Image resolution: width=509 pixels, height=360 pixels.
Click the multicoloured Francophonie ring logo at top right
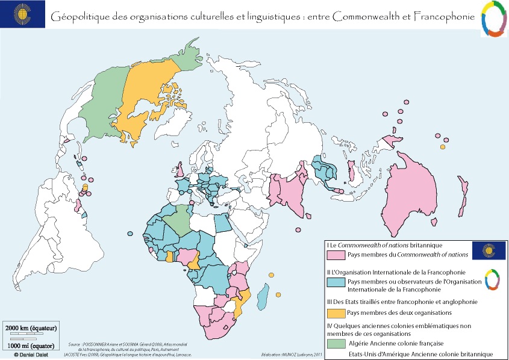pyautogui.click(x=493, y=20)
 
